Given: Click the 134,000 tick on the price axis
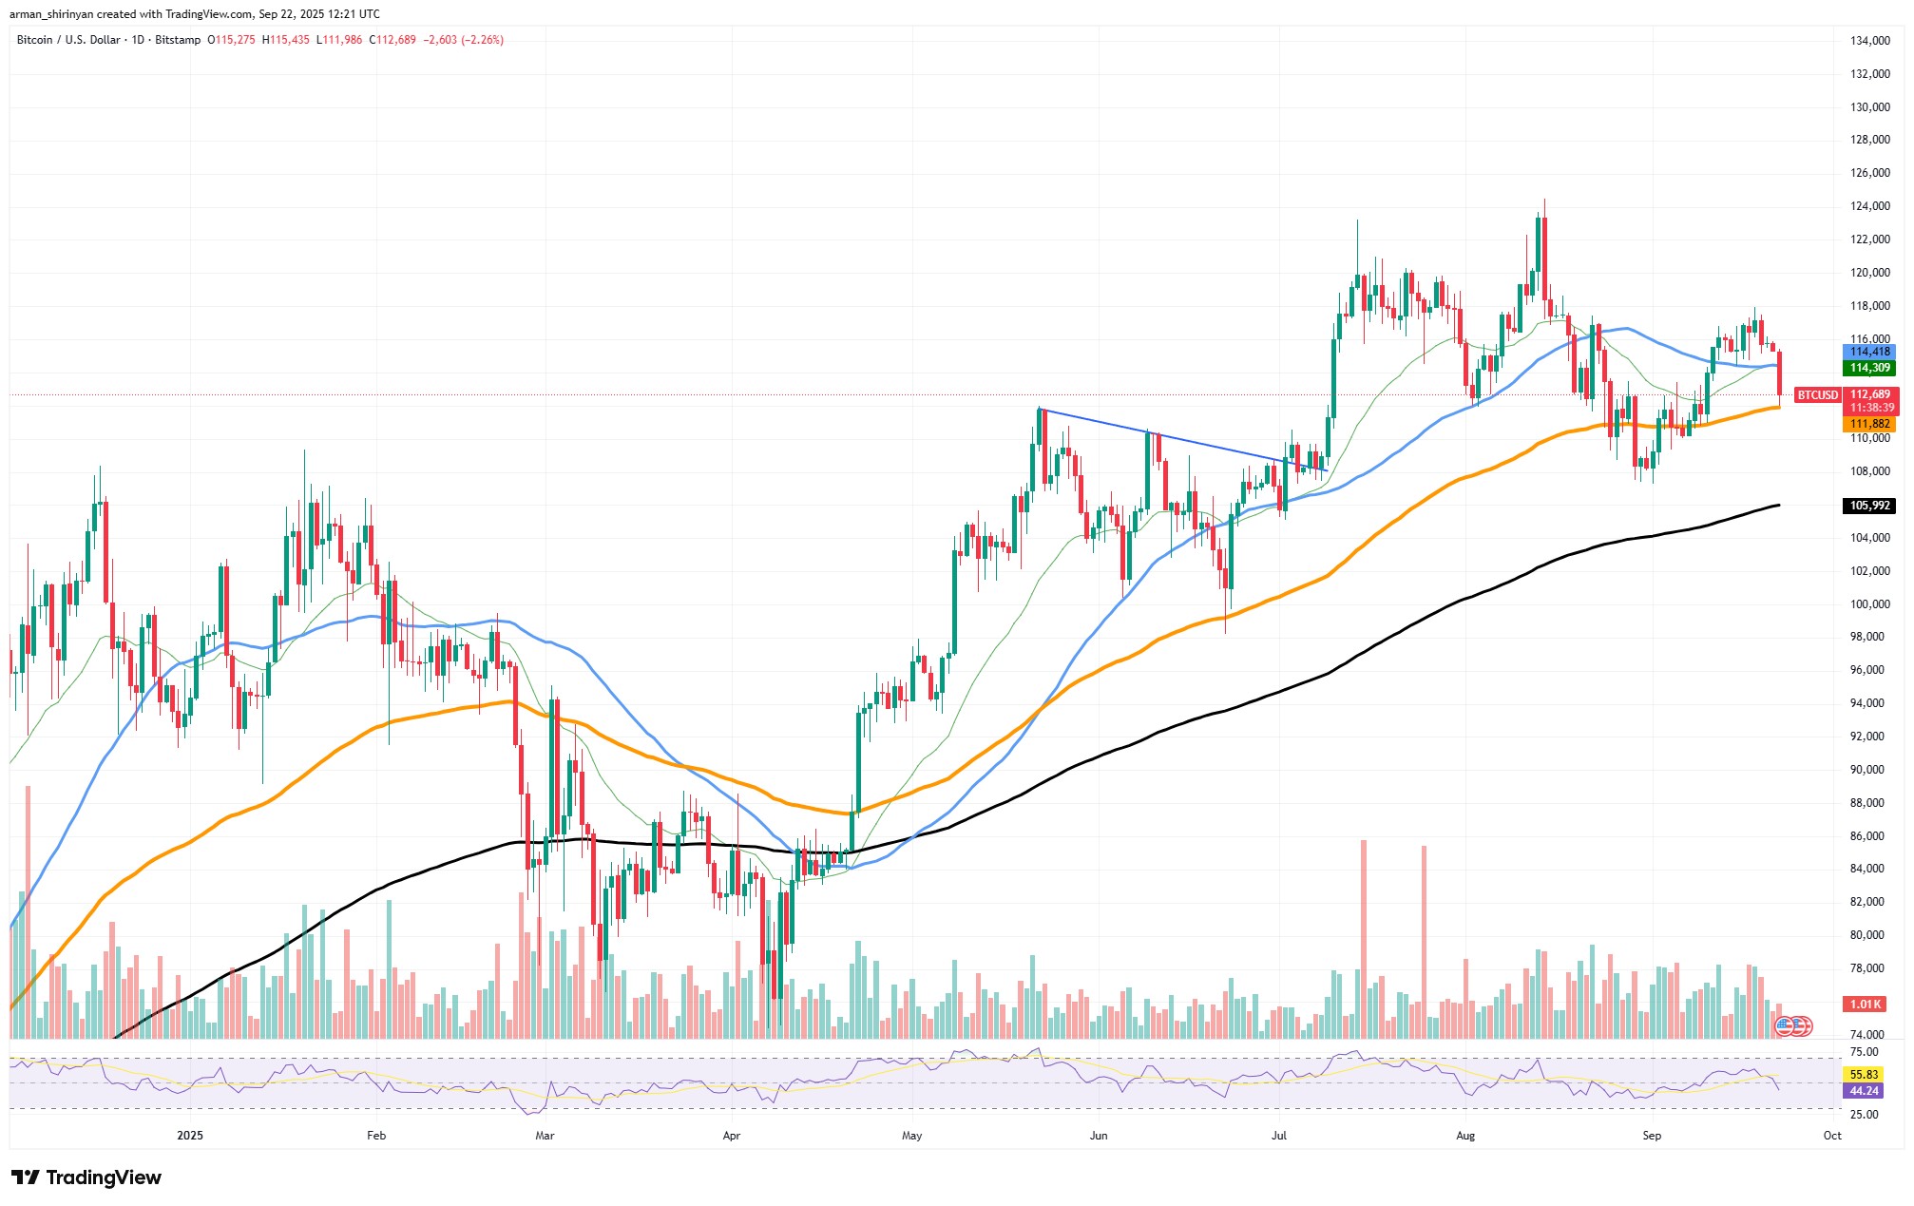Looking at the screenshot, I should (1869, 41).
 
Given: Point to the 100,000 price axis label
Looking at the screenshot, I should (1869, 604).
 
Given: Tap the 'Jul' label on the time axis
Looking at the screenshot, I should (1279, 1136).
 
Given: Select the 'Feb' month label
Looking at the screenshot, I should (376, 1136).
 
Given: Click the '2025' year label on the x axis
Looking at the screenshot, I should (190, 1136).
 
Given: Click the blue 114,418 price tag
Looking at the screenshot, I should (1869, 352).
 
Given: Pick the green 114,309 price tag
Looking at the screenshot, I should (1869, 368).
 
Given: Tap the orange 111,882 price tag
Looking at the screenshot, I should (1869, 424).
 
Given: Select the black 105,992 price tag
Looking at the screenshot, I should (1869, 506).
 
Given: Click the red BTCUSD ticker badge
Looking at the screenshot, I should (1817, 395).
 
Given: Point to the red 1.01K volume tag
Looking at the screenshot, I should (1866, 1005).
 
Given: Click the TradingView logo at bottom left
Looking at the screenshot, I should (87, 1177).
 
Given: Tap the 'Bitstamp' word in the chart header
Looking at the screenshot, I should (178, 40).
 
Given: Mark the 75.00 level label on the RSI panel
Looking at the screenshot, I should (1864, 1052).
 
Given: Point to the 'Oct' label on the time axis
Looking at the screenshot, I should (1832, 1136).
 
